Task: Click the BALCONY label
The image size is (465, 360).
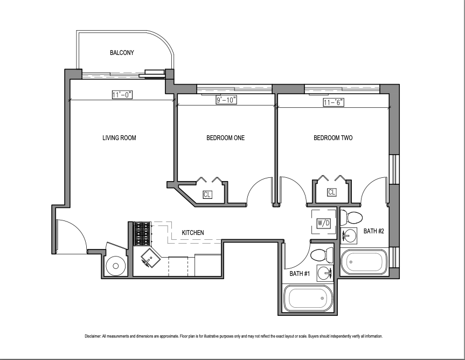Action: coord(122,53)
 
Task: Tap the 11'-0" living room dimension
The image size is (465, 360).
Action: coord(122,95)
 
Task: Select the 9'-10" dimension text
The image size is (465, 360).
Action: coord(226,100)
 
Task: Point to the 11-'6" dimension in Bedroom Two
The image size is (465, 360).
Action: coord(334,101)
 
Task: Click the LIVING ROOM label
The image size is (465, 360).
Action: coord(119,138)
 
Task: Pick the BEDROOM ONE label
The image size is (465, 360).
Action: coord(225,138)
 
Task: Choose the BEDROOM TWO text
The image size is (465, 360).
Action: coord(333,138)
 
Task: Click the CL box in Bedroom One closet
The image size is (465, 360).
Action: coord(207,195)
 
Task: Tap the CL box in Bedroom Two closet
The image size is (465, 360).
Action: coord(331,192)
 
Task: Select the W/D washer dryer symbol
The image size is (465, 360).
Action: coord(324,222)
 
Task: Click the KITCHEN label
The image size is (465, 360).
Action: coord(192,233)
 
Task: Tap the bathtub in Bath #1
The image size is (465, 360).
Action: coord(309,298)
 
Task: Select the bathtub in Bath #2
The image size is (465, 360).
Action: coord(364,262)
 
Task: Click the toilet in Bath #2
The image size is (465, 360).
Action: coord(353,218)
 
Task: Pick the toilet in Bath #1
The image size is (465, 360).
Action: coord(322,254)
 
